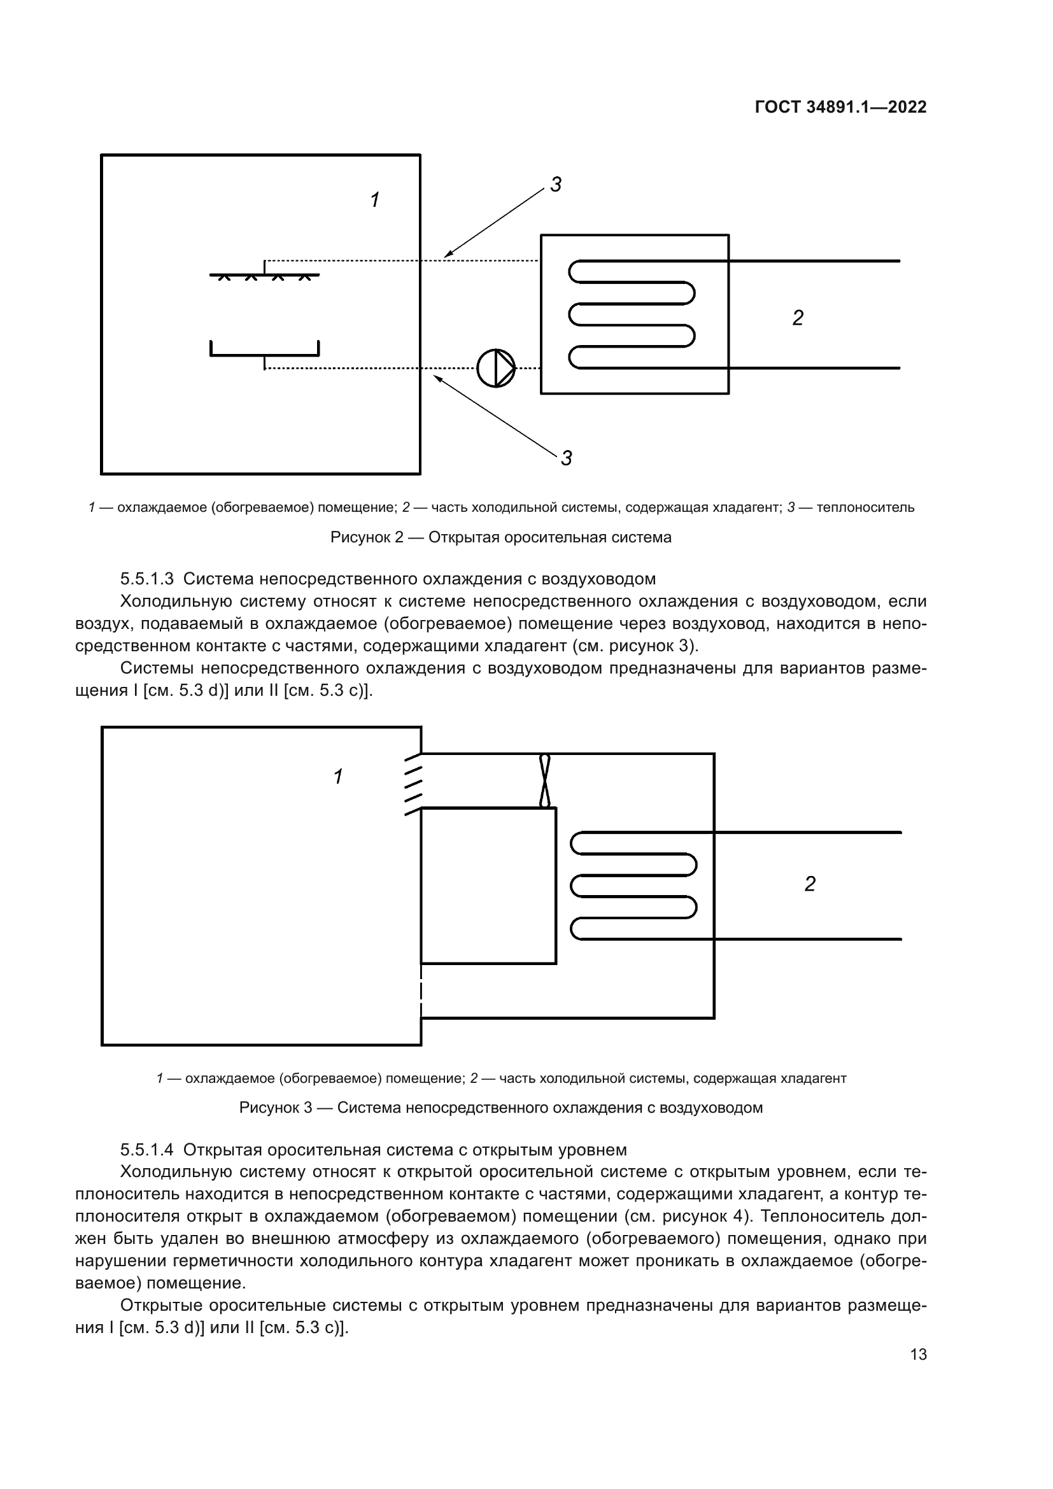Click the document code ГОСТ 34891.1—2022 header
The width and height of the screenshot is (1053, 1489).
click(x=840, y=107)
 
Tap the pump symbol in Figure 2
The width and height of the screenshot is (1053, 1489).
click(x=495, y=369)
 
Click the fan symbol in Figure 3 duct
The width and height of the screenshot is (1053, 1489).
click(x=545, y=780)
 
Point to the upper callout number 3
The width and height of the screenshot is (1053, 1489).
click(x=556, y=185)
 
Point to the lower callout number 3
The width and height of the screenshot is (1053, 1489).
click(x=566, y=458)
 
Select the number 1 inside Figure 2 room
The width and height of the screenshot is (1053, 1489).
click(x=375, y=200)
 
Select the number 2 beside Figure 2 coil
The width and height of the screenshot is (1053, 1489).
click(x=798, y=318)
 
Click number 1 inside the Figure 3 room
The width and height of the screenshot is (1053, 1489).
click(x=338, y=776)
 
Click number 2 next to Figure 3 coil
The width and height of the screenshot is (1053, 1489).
click(x=809, y=884)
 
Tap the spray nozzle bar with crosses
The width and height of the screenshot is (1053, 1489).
click(x=264, y=276)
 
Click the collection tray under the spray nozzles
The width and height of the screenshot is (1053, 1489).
click(x=264, y=353)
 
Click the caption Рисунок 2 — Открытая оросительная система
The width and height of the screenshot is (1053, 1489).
click(x=500, y=537)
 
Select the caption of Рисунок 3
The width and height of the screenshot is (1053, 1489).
click(x=500, y=1107)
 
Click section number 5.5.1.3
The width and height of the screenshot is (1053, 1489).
click(x=146, y=579)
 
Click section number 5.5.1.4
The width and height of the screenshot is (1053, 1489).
click(x=146, y=1150)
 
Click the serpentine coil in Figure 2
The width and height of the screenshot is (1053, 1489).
click(x=632, y=315)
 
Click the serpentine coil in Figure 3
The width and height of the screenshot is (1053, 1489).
click(x=633, y=886)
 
